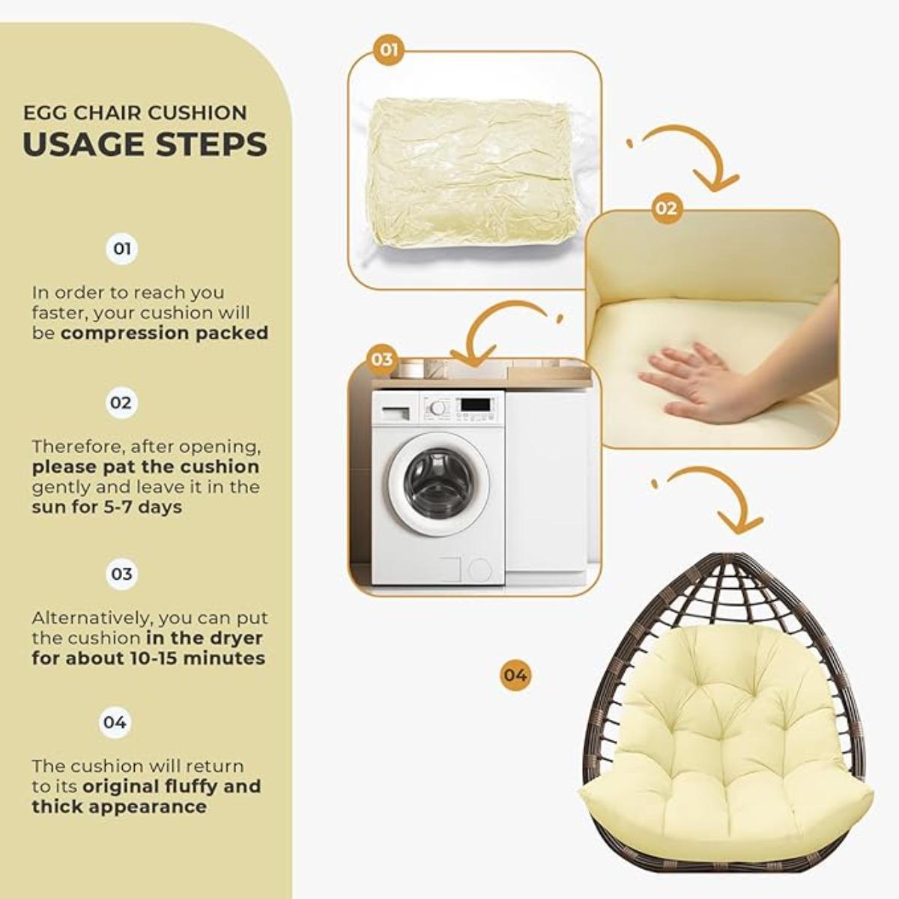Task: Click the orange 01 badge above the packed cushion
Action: [x=388, y=50]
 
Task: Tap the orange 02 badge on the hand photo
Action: [x=665, y=208]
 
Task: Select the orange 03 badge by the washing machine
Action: [x=381, y=360]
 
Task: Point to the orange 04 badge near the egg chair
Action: [x=515, y=675]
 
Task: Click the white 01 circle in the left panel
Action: [x=121, y=249]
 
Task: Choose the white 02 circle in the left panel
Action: [x=121, y=403]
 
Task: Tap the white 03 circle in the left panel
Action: [x=121, y=575]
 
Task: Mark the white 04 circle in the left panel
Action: [x=115, y=723]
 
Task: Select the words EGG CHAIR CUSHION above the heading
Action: [x=135, y=113]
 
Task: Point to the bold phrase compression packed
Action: [x=164, y=333]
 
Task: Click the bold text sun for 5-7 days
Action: [x=107, y=507]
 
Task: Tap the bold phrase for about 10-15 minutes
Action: [x=148, y=659]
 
